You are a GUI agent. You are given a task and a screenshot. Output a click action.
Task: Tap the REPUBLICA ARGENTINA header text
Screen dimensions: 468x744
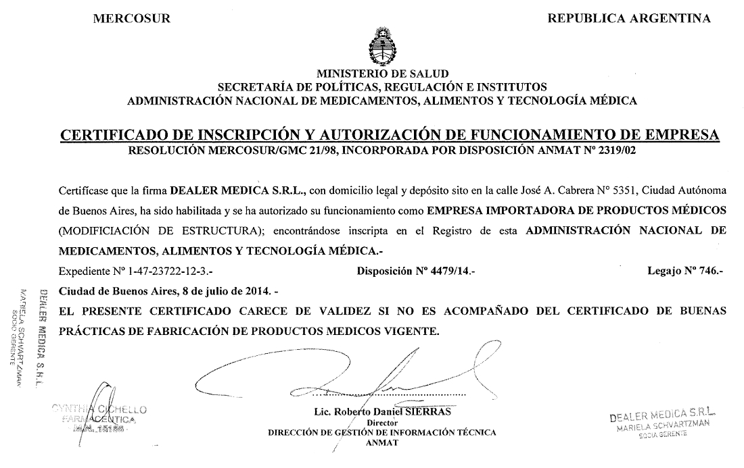(x=629, y=18)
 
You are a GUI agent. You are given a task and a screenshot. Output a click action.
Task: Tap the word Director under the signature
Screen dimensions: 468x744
(x=382, y=423)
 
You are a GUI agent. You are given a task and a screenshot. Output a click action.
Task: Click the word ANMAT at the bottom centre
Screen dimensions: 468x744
(x=382, y=443)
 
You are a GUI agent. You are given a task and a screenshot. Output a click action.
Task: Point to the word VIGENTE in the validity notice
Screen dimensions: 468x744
(x=413, y=331)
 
